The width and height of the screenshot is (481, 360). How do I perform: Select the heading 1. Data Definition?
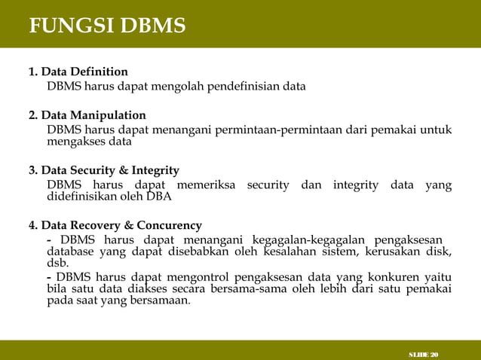tap(78, 72)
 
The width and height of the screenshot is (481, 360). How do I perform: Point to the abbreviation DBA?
tap(159, 197)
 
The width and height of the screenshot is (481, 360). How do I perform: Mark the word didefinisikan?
tap(84, 197)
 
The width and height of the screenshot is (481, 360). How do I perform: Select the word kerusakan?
tap(395, 252)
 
